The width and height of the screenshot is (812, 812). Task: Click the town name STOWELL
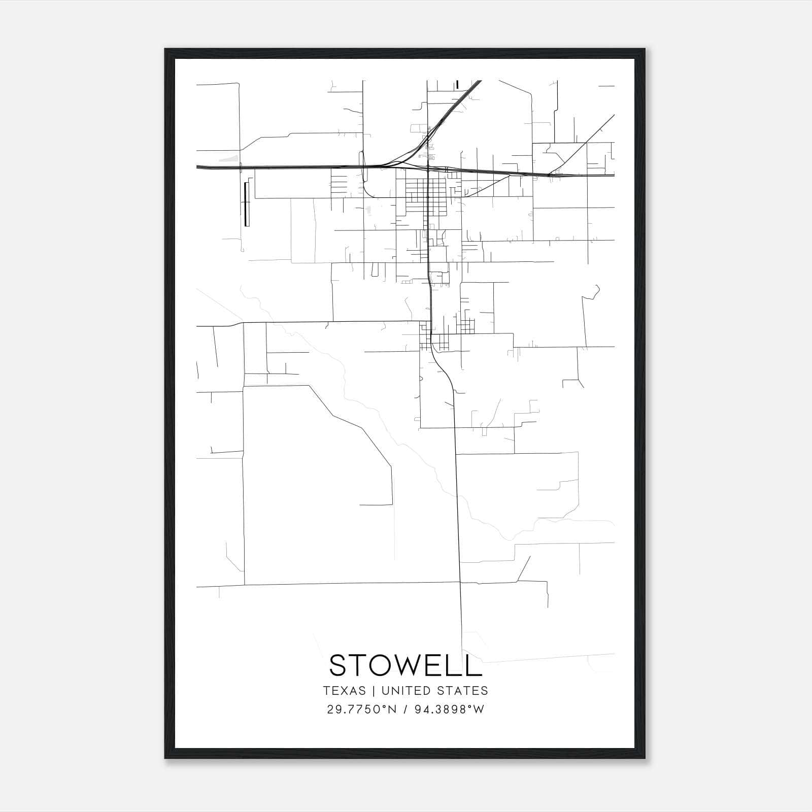405,665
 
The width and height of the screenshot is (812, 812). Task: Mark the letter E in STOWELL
433,665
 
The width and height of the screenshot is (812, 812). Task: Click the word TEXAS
344,691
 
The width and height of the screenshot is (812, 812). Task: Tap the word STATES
462,691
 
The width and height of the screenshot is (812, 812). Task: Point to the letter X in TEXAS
344,691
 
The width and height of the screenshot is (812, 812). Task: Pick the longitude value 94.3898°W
450,709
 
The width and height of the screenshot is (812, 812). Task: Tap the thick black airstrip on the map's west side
247,204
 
